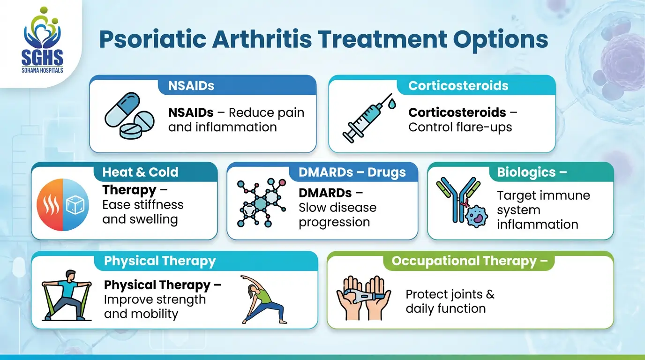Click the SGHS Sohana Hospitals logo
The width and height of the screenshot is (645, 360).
[42, 42]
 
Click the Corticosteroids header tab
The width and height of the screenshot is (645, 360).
[458, 86]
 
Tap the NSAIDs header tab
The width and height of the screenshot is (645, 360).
[191, 86]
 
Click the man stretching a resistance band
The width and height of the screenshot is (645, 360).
[65, 295]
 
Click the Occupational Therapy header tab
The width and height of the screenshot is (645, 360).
[469, 261]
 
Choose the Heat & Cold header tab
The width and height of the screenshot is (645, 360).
[140, 172]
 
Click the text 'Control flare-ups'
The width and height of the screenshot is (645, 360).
[460, 127]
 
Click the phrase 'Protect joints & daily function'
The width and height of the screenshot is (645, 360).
[450, 301]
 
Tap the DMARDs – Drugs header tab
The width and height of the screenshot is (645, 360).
[352, 172]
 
